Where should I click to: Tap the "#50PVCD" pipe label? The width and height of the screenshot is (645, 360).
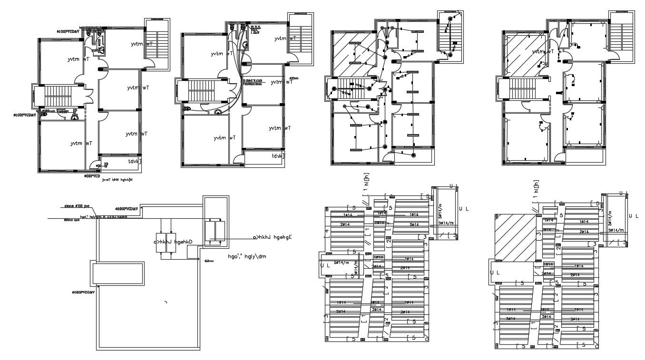coord(92,176)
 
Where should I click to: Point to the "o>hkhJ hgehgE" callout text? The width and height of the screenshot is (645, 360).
coord(273,237)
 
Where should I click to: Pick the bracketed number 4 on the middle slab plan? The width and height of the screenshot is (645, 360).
coord(326,232)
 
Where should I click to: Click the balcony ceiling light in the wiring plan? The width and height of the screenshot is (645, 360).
coord(413,156)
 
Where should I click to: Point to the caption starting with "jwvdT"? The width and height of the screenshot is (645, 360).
coord(117,181)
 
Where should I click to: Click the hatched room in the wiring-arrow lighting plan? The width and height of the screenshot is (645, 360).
coord(351,52)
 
